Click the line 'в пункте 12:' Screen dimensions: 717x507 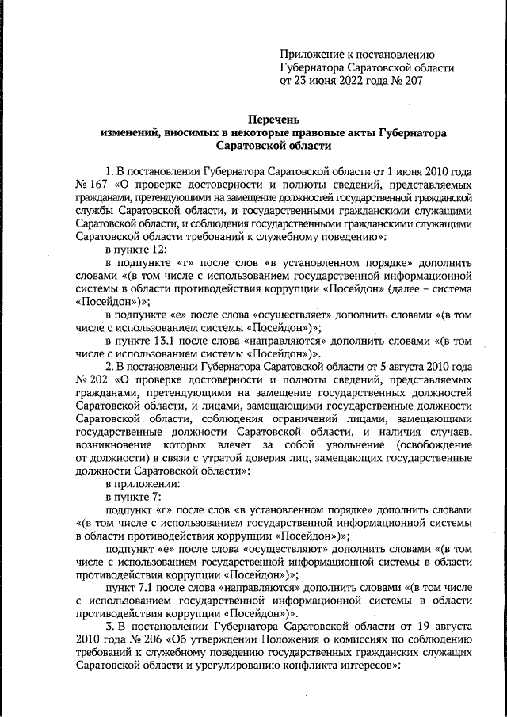(138, 249)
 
